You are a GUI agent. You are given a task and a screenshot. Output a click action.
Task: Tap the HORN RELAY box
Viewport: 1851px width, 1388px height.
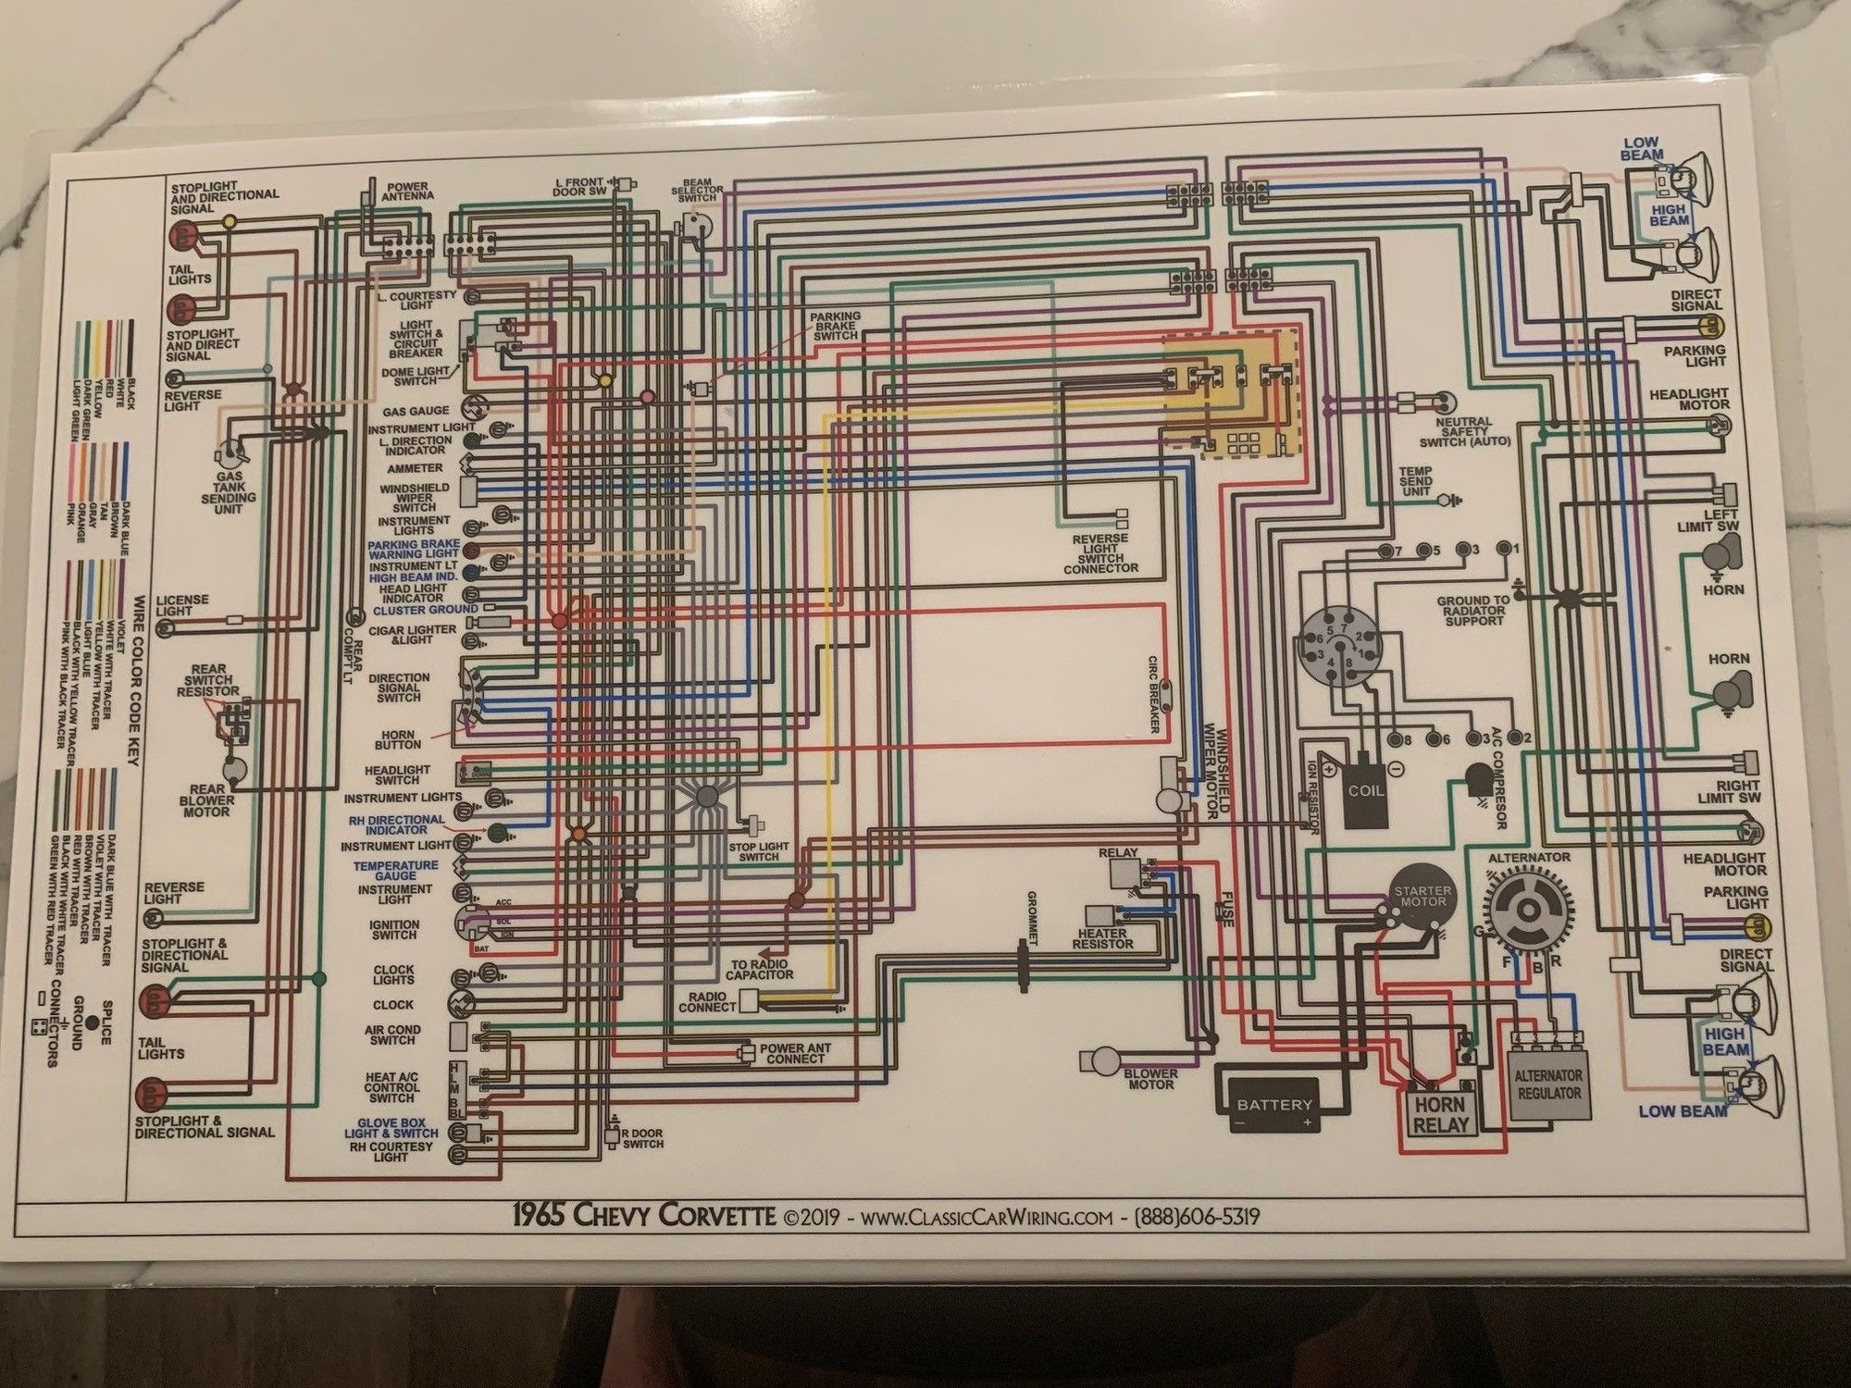point(1440,1115)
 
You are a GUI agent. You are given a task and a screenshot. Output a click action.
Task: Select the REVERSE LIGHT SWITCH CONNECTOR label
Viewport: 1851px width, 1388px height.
point(1100,553)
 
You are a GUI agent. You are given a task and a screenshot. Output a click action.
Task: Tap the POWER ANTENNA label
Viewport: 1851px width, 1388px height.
point(408,192)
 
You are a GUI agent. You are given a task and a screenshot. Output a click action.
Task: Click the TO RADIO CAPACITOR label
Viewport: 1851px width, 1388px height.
point(759,969)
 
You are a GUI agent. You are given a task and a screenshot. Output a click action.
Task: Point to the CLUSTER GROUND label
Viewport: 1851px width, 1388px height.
point(426,611)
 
